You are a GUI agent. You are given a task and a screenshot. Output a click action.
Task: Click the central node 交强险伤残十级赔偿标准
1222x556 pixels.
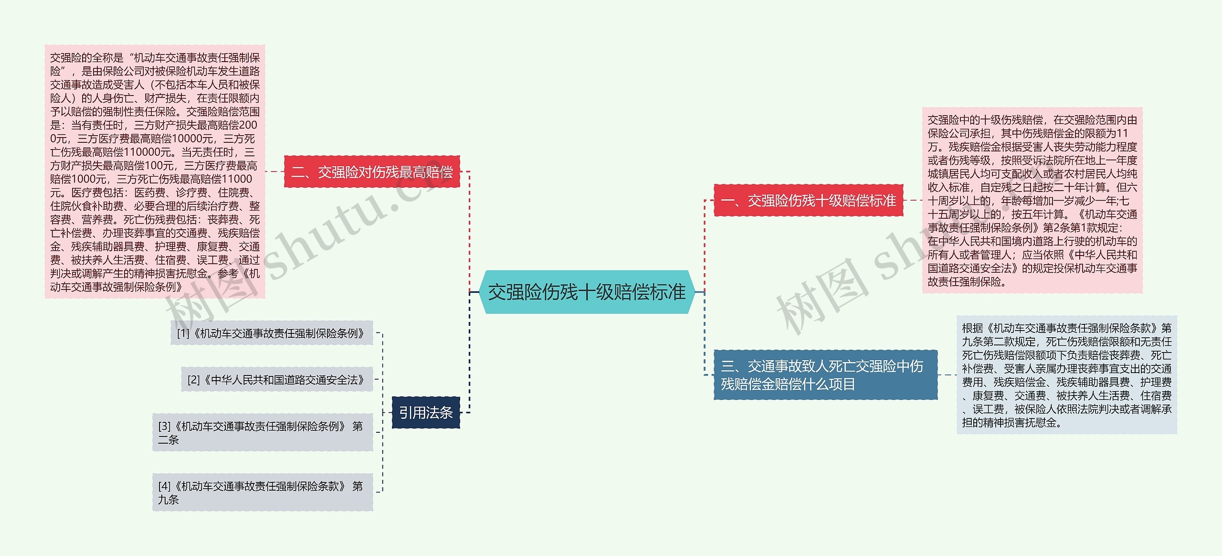587,292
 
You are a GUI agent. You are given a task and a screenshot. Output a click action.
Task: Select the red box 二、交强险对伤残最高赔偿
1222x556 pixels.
372,171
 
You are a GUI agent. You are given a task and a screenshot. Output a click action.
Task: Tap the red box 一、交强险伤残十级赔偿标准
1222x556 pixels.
808,200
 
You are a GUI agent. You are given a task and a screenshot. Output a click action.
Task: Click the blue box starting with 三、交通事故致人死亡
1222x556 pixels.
825,375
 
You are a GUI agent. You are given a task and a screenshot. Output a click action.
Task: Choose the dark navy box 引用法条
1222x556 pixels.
426,412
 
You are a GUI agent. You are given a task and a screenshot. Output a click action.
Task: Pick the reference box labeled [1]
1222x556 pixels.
271,333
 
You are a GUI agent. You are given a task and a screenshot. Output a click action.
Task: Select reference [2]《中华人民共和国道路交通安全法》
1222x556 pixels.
276,380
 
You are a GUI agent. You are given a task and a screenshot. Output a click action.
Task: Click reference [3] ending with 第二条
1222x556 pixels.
262,432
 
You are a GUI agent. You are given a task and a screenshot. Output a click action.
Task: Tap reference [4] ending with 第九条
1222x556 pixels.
262,492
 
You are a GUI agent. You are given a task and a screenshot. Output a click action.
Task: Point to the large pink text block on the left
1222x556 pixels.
155,172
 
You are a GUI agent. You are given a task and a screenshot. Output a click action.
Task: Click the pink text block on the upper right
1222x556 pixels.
1032,200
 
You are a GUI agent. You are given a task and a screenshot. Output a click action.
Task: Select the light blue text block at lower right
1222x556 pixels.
1066,375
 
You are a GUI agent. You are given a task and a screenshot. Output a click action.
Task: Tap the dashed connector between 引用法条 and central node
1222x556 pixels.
470,353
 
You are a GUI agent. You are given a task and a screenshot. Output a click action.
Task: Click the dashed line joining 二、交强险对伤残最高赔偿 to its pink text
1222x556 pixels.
274,171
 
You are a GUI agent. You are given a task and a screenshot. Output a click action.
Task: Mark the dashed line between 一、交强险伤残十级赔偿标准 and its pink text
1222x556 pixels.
913,200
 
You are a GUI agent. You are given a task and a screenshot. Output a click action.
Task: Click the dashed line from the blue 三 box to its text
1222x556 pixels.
947,375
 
